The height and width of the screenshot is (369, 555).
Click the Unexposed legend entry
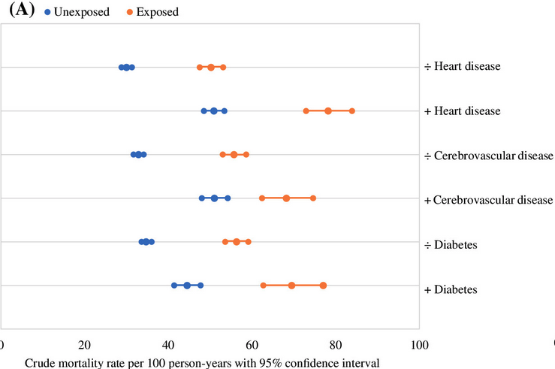point(74,12)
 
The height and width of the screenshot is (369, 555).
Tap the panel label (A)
point(19,10)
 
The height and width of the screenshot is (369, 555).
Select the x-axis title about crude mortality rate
point(202,362)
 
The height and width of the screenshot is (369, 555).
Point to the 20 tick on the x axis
point(85,345)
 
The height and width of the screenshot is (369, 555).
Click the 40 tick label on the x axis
point(169,345)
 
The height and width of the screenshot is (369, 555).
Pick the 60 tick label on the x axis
point(252,345)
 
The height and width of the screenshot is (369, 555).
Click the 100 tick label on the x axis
point(419,345)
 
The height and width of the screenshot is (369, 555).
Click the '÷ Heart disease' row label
point(462,67)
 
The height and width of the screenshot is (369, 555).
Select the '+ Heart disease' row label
point(462,111)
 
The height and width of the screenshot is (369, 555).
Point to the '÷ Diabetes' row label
point(451,244)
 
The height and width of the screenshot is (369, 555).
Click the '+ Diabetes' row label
point(451,289)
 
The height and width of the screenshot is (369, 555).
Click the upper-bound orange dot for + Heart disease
point(351,111)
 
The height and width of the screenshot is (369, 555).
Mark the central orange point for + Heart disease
point(328,111)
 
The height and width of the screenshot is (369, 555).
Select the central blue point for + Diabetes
point(187,286)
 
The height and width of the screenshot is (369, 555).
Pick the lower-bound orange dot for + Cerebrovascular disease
point(262,198)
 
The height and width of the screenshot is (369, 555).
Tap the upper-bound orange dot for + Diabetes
point(323,286)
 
